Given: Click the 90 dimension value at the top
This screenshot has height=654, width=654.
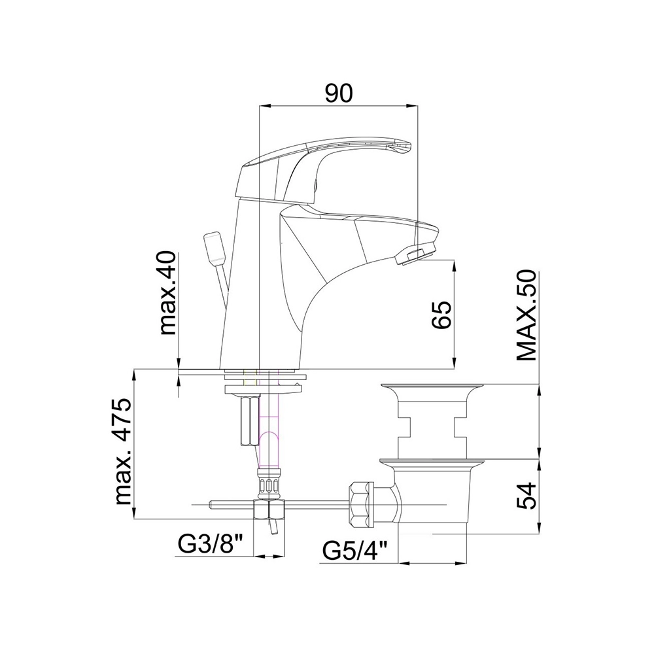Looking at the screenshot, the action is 339,93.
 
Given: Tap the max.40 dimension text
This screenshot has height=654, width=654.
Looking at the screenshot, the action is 169,293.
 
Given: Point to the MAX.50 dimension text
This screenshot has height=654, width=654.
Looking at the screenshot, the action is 526,316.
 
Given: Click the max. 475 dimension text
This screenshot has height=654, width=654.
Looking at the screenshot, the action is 123,451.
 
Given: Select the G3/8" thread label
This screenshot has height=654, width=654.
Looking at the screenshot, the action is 211,544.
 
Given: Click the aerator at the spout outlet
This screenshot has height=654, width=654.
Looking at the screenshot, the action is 415,254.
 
